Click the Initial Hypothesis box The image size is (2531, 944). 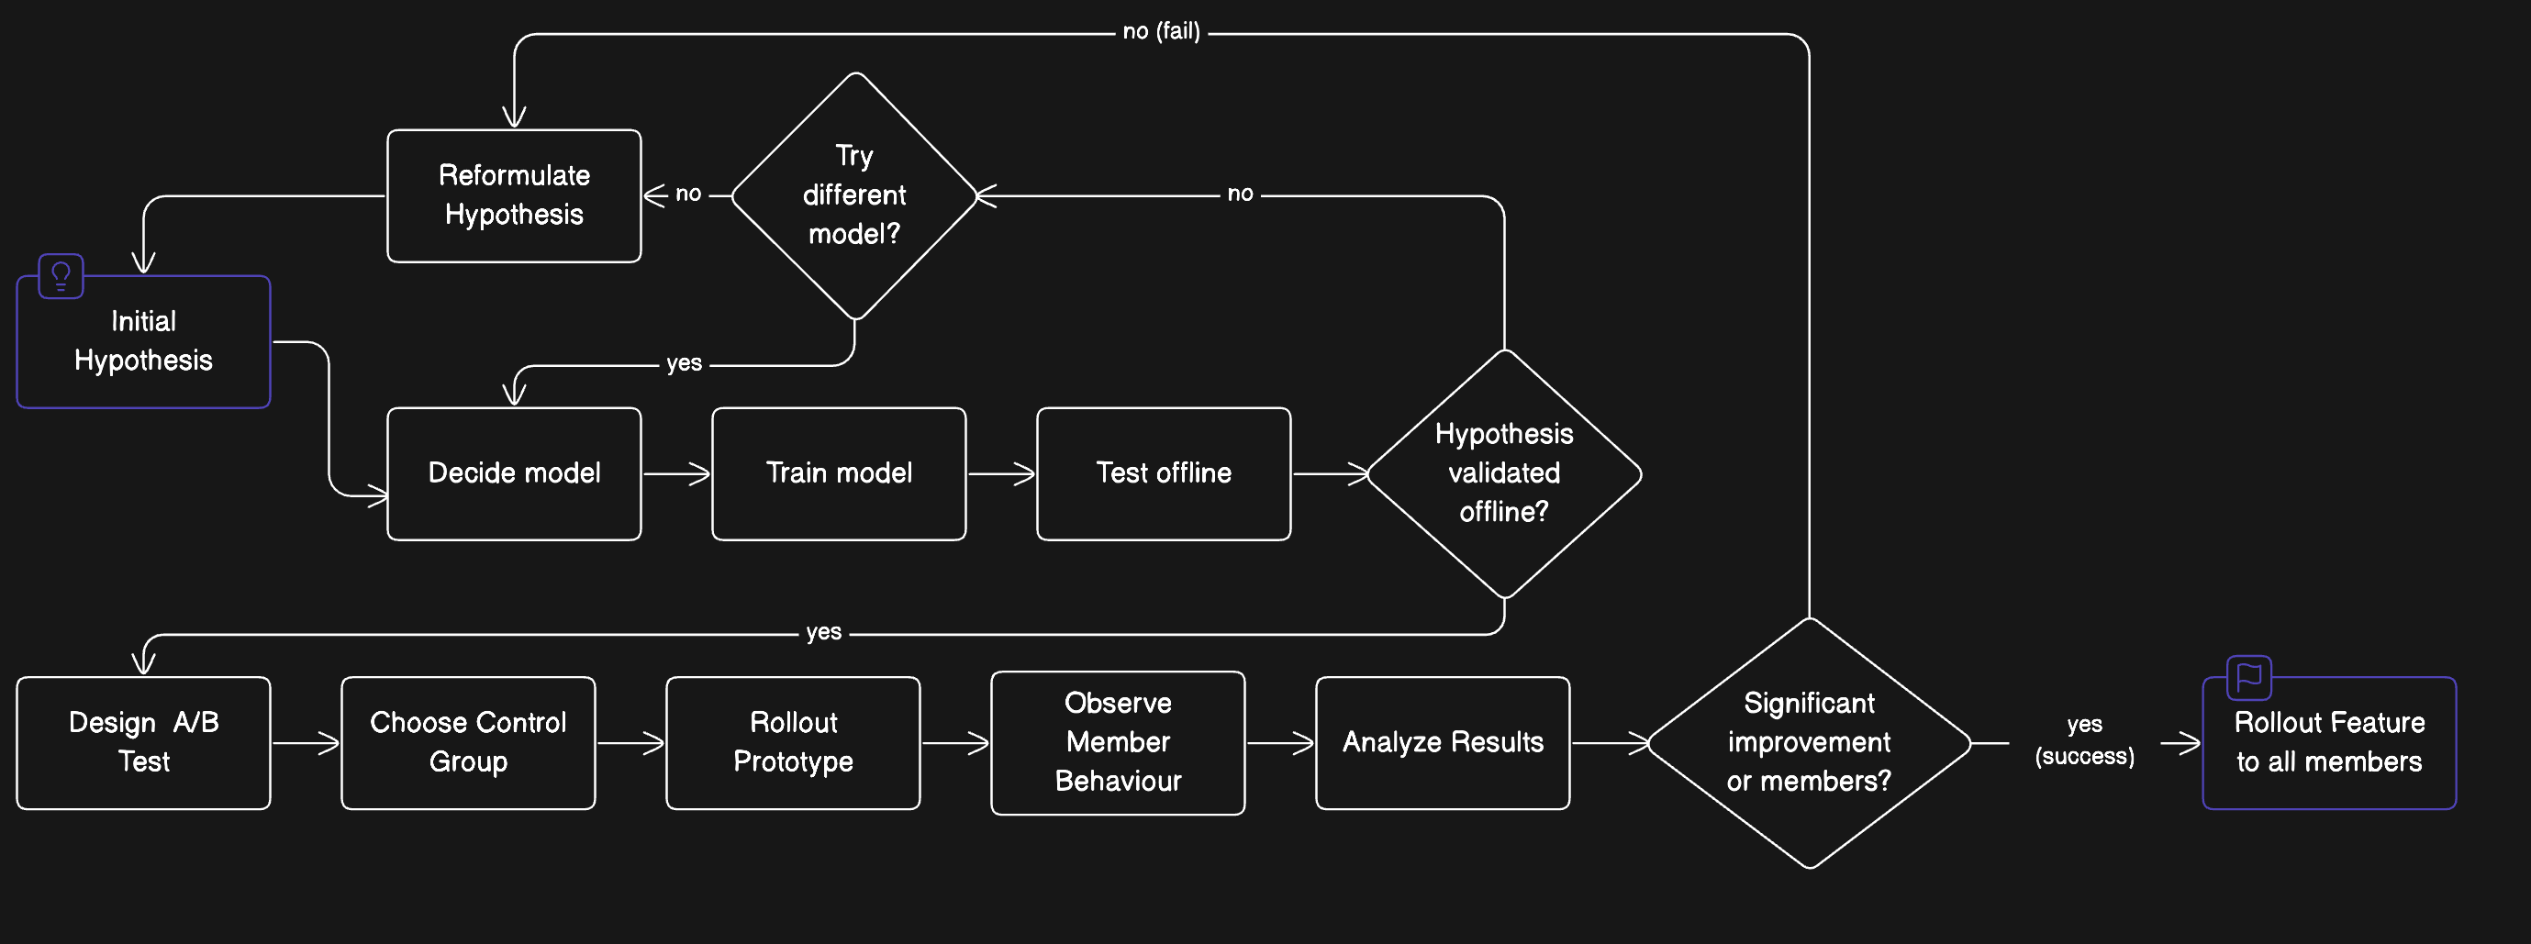pos(143,342)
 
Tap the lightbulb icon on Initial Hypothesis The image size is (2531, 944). pos(61,276)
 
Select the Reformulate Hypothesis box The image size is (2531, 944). pos(514,195)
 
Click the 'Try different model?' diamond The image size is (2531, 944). pos(854,195)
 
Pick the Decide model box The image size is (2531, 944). pos(514,473)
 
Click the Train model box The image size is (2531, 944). pos(838,473)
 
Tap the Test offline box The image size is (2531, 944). pos(1164,473)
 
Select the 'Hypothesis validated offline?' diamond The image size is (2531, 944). pos(1503,473)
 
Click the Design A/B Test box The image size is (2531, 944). pos(143,742)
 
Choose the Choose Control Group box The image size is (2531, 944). pos(468,742)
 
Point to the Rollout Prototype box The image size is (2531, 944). pos(793,742)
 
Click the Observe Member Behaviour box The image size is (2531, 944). pos(1117,742)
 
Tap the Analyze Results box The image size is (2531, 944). pos(1443,742)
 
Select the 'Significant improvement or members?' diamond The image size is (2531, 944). pos(1809,742)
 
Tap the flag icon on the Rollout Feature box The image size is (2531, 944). pos(2249,677)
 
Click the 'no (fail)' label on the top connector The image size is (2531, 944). pos(1162,32)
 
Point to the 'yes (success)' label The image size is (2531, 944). pos(2084,740)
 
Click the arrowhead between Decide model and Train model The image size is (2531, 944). pos(700,474)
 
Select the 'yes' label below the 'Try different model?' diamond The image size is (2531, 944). pos(684,363)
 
